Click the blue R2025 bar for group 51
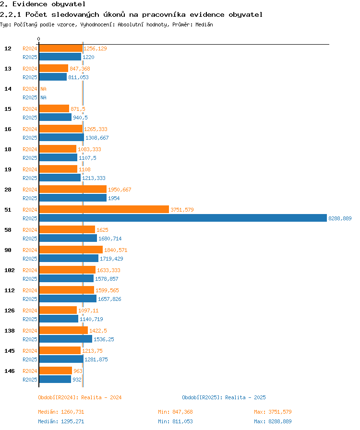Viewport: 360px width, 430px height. click(182, 218)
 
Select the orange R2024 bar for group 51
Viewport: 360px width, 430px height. click(104, 210)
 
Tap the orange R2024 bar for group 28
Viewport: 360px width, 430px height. click(72, 190)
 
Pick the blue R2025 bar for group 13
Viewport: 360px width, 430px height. click(53, 77)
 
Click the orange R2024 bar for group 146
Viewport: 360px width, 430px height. click(55, 371)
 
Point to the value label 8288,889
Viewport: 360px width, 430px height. click(340, 218)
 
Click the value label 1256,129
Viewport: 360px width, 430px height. click(95, 48)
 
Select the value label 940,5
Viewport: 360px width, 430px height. click(80, 118)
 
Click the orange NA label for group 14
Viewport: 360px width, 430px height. click(43, 89)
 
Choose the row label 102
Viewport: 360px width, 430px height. click(10, 270)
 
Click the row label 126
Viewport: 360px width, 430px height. click(10, 311)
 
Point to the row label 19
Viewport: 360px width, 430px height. click(8, 169)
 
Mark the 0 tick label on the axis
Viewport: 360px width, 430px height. click(39, 39)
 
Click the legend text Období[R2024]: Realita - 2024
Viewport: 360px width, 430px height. click(80, 397)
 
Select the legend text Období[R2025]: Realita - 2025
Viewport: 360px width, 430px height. click(224, 397)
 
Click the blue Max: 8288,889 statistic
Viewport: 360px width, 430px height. click(273, 421)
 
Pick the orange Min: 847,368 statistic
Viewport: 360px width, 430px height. click(175, 412)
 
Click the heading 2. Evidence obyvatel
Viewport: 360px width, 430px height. click(36, 4)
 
